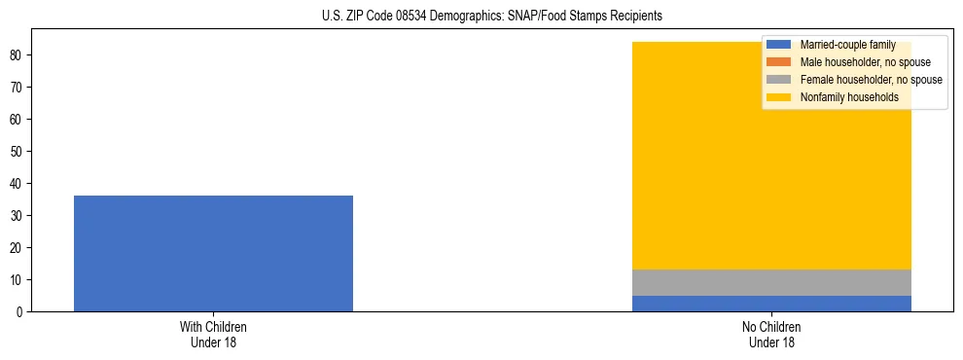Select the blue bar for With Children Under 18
(x=213, y=253)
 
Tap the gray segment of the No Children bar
(x=771, y=282)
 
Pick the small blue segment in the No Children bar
(x=771, y=304)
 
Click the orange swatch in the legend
(x=780, y=62)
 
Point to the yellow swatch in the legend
(x=780, y=97)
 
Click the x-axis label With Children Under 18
(x=213, y=334)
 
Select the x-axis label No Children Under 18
(x=771, y=334)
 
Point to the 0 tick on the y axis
(x=20, y=312)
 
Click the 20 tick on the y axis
(x=18, y=248)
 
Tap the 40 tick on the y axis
(x=18, y=184)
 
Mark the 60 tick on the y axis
(x=18, y=120)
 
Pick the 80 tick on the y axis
(x=18, y=55)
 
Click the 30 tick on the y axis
(x=18, y=216)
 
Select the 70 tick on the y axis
(x=18, y=88)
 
